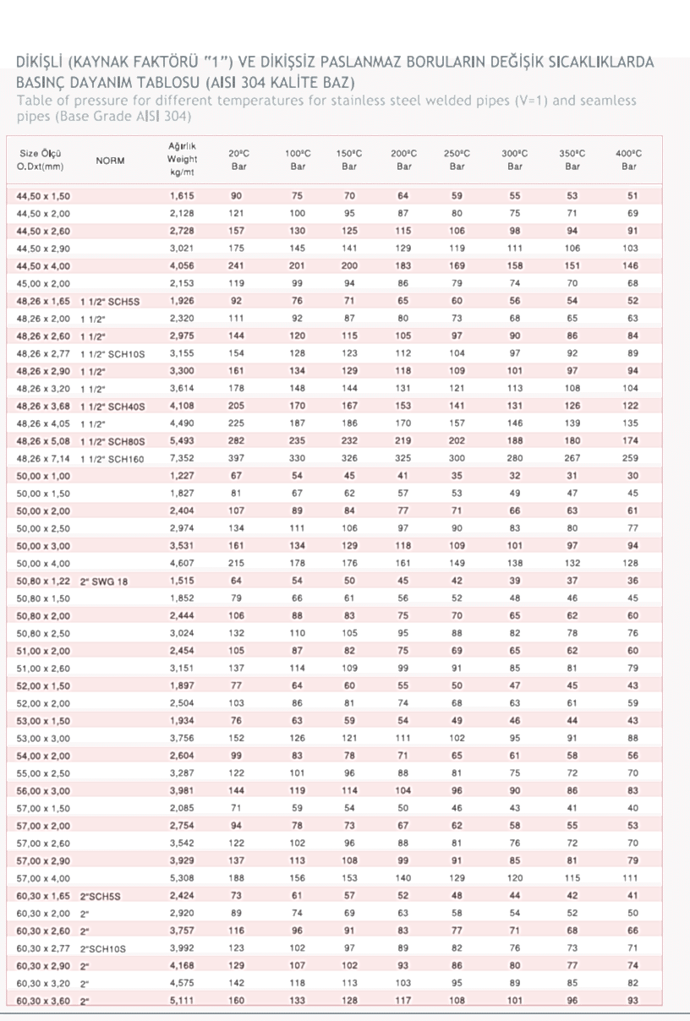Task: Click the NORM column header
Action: (x=111, y=160)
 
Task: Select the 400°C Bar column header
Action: (x=629, y=160)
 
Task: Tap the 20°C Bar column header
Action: (x=238, y=160)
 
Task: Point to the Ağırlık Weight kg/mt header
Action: (x=183, y=159)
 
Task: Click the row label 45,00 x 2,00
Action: (x=43, y=284)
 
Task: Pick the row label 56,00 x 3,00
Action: (x=43, y=790)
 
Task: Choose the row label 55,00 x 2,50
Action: (x=43, y=773)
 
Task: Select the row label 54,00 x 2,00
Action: (x=43, y=756)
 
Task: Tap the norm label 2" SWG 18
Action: (x=105, y=581)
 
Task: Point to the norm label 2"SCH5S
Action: (x=101, y=895)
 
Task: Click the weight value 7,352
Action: (x=182, y=458)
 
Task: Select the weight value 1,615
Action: (x=182, y=196)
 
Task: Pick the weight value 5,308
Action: (x=182, y=877)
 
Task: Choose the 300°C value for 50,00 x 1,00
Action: (x=514, y=476)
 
